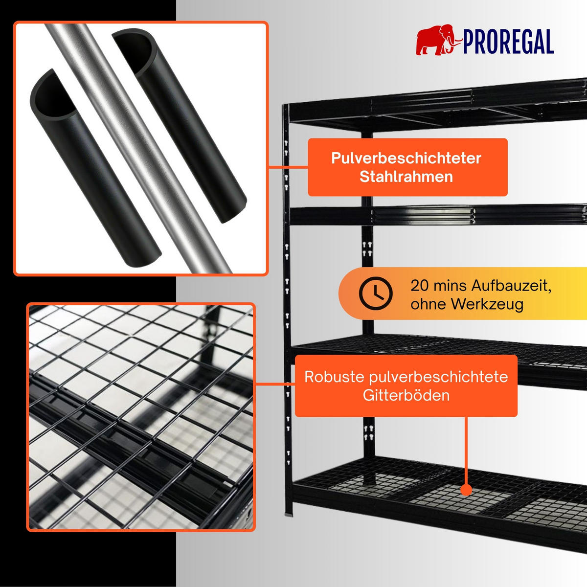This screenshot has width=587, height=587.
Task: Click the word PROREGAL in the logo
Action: pyautogui.click(x=508, y=42)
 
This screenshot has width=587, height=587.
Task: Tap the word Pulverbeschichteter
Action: pyautogui.click(x=406, y=158)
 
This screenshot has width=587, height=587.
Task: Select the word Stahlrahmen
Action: pyautogui.click(x=406, y=177)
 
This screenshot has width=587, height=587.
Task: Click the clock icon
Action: pyautogui.click(x=376, y=293)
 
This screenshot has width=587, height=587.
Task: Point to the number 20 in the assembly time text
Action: pyautogui.click(x=420, y=286)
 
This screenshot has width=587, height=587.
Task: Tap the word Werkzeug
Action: pyautogui.click(x=487, y=304)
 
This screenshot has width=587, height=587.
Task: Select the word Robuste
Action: pyautogui.click(x=335, y=377)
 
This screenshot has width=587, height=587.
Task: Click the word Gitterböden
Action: pyautogui.click(x=406, y=395)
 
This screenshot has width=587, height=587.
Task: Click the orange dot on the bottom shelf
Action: pyautogui.click(x=466, y=490)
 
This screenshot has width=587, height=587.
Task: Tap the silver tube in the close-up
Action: pyautogui.click(x=138, y=148)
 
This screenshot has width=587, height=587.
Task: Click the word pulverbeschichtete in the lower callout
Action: pyautogui.click(x=439, y=377)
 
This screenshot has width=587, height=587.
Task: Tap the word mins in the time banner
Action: pyautogui.click(x=450, y=286)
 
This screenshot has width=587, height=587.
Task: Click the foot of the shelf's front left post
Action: pyautogui.click(x=288, y=514)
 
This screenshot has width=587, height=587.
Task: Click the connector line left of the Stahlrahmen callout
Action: pyautogui.click(x=288, y=167)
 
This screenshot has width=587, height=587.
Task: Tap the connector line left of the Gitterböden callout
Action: pyautogui.click(x=275, y=384)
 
